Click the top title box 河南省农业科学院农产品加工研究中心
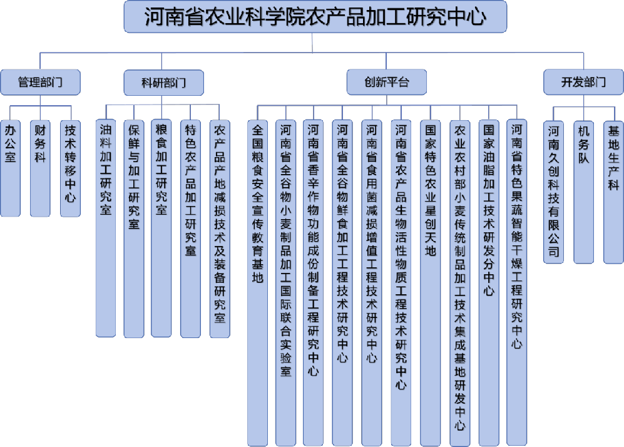(315, 17)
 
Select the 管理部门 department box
(40, 83)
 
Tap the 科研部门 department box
(163, 83)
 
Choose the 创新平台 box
(386, 82)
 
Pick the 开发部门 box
(583, 82)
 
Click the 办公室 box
(11, 168)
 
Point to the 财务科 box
(40, 168)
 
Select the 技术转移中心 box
(71, 168)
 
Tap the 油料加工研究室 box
(106, 228)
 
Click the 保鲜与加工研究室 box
(134, 229)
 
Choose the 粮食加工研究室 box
(161, 228)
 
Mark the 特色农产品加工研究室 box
(191, 229)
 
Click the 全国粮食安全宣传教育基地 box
(257, 283)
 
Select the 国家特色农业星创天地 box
(430, 282)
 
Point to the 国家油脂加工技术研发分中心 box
(489, 282)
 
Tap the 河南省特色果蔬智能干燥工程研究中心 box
(516, 282)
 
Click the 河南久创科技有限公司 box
(553, 192)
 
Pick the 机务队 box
(583, 192)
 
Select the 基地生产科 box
(613, 192)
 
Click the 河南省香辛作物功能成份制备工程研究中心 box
(313, 282)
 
